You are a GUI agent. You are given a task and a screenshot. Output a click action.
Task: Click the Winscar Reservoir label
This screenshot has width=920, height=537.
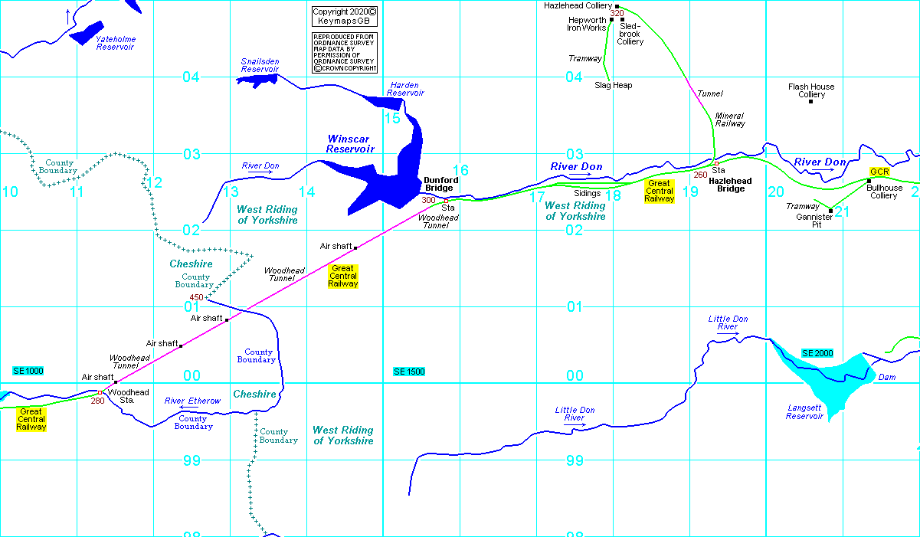[350, 144]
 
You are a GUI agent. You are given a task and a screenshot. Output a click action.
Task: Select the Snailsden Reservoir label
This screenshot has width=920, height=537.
[260, 65]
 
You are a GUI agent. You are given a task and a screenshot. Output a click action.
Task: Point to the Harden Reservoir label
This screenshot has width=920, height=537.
[404, 89]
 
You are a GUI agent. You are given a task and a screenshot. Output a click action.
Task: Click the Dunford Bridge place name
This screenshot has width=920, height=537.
[441, 184]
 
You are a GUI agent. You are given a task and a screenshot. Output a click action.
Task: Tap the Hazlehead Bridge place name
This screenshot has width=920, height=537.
[730, 185]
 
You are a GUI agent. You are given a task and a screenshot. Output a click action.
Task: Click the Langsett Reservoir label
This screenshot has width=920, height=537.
[804, 412]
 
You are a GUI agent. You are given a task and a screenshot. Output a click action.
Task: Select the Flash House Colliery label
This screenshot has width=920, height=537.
[811, 90]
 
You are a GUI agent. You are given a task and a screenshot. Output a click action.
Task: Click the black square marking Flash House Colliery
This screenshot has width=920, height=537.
[810, 101]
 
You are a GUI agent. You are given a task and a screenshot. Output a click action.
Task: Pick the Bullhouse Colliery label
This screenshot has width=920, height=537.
[884, 192]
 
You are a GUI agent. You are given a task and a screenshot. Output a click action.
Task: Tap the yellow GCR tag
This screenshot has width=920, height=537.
[879, 172]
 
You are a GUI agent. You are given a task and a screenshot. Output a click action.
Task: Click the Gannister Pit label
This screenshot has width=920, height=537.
[813, 221]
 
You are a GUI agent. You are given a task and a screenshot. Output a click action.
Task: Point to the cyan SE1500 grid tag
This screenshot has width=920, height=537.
[410, 372]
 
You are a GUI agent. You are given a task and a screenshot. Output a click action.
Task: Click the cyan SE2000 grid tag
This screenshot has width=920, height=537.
[817, 353]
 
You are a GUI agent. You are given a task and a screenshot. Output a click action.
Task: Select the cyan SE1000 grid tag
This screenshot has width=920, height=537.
[28, 371]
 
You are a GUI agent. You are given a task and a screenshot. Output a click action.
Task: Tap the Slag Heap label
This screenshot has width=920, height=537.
[614, 85]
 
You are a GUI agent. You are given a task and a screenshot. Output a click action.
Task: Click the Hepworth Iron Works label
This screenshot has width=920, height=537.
[587, 24]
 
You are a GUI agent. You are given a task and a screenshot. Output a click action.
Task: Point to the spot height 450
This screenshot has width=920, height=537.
[196, 297]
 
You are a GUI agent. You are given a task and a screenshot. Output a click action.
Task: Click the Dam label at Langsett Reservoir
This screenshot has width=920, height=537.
[886, 377]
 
